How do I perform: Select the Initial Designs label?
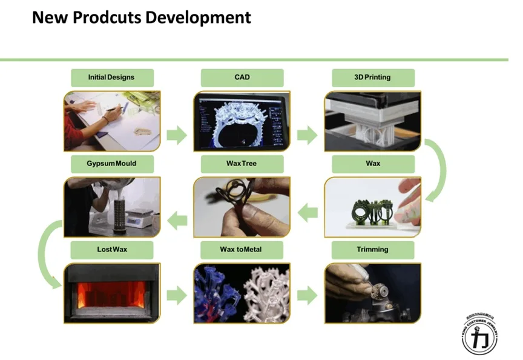111,78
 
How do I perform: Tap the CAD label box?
242,78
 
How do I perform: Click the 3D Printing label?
372,78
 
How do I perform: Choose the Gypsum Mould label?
111,164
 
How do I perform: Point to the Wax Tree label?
242,164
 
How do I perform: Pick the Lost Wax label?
111,250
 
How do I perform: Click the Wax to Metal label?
242,250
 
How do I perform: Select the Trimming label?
372,250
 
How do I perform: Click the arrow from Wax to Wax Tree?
308,212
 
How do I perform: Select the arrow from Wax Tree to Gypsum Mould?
177,221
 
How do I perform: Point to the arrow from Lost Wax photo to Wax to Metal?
177,296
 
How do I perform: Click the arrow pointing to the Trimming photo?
307,296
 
